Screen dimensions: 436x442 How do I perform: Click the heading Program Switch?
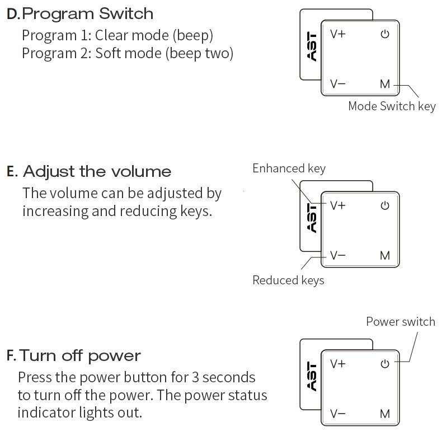point(87,13)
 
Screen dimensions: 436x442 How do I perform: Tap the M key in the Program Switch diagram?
point(385,85)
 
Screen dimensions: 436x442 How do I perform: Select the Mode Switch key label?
point(392,106)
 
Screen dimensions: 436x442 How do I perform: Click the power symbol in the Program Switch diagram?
point(384,35)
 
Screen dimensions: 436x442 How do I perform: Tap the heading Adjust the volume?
point(97,171)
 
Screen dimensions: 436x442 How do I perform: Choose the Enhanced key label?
point(289,168)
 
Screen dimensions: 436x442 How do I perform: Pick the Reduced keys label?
point(288,280)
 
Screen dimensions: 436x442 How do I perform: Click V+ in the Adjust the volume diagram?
point(338,205)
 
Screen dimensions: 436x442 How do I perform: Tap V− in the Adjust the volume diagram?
point(338,256)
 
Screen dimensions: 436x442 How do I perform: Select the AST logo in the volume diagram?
point(312,218)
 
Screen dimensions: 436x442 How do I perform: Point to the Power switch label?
point(400,321)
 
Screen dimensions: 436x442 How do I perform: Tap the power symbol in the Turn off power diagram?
point(384,364)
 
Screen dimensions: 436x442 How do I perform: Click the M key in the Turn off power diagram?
point(385,414)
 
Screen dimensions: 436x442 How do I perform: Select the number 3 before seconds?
point(195,377)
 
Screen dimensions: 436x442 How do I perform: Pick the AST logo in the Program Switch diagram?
point(312,47)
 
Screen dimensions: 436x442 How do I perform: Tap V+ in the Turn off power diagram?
point(338,364)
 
